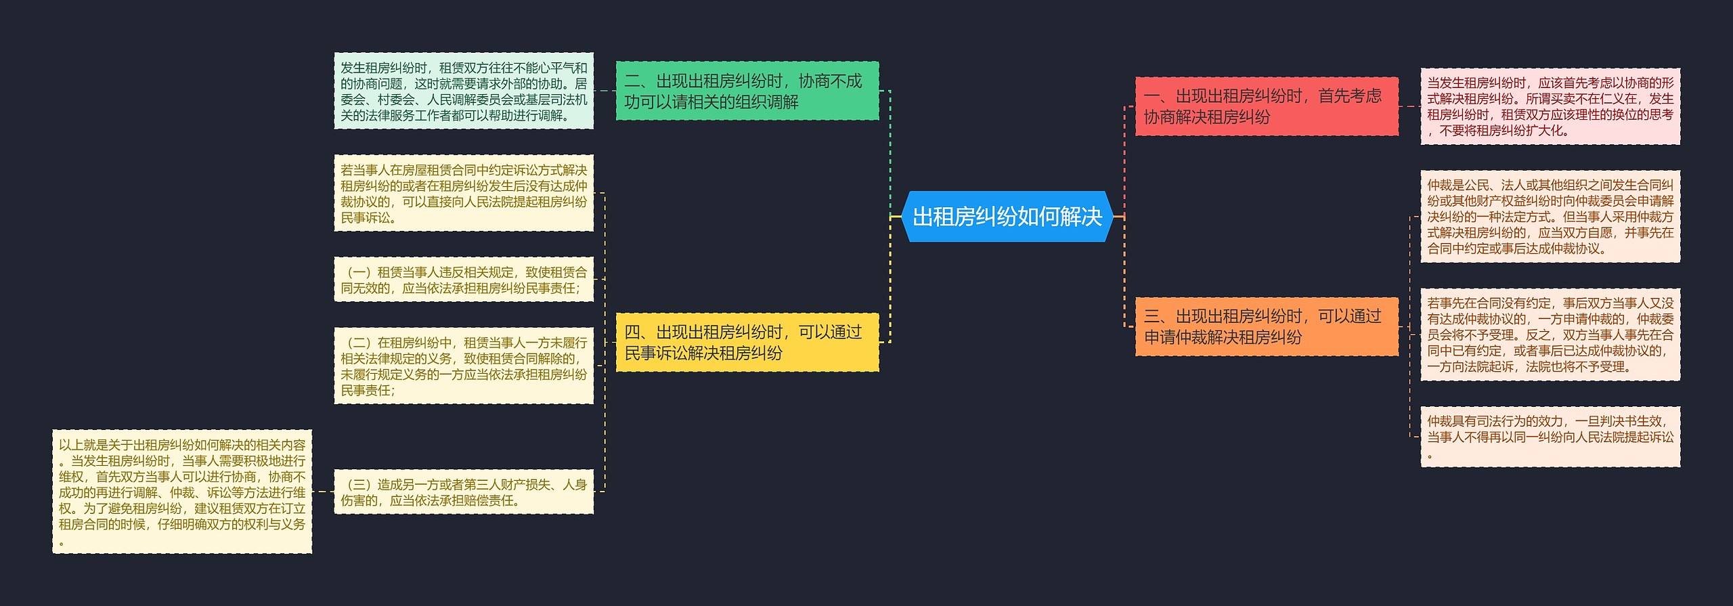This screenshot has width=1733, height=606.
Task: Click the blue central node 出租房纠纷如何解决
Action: point(1007,217)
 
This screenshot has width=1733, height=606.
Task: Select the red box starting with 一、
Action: point(1266,106)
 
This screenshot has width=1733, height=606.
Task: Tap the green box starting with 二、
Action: point(747,91)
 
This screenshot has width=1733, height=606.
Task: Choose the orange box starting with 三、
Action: point(1266,326)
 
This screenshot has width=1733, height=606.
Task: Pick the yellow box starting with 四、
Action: point(747,342)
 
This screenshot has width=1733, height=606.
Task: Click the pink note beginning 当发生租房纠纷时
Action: point(1550,106)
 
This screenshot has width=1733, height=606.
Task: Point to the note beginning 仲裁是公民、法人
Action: point(1550,216)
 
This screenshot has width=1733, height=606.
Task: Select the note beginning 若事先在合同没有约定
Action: point(1550,334)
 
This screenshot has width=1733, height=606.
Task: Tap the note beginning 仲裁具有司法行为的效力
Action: point(1550,437)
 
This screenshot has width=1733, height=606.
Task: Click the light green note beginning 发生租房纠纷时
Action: point(464,91)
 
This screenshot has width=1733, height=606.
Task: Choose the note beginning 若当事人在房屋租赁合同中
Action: point(464,193)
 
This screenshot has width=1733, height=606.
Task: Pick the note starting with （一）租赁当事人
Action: point(464,280)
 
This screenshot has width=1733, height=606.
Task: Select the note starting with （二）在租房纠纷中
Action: point(464,366)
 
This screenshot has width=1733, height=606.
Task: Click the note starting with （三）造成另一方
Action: point(464,492)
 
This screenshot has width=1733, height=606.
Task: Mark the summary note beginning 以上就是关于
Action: point(182,492)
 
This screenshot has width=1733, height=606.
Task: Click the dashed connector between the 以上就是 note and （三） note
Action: point(323,492)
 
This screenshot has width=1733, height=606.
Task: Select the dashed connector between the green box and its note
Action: point(605,91)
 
